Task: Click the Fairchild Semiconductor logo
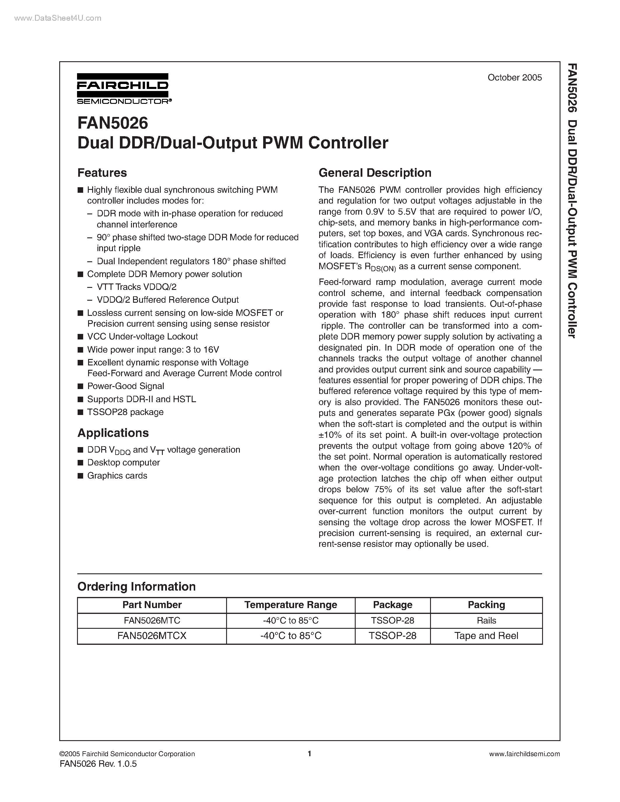click(123, 88)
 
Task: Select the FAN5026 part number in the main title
click(112, 123)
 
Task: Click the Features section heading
click(102, 173)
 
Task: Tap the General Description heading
click(375, 173)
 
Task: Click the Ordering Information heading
click(136, 586)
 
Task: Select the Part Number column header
click(152, 605)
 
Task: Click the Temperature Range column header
click(291, 605)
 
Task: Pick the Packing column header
click(486, 605)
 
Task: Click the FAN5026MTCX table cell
click(152, 636)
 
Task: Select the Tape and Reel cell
click(486, 636)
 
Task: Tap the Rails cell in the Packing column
click(486, 620)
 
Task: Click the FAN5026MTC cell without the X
click(152, 620)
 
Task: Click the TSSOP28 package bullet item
click(125, 412)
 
